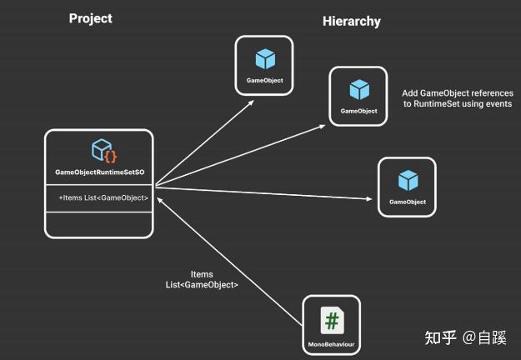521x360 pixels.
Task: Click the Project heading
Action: pyautogui.click(x=90, y=18)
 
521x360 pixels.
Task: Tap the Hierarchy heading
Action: pyautogui.click(x=352, y=21)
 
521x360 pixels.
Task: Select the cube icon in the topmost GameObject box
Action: pyautogui.click(x=264, y=59)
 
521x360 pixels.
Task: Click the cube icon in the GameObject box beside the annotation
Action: pyautogui.click(x=358, y=89)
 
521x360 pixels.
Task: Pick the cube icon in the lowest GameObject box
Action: pyautogui.click(x=408, y=180)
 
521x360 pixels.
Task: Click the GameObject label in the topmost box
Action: pyautogui.click(x=264, y=81)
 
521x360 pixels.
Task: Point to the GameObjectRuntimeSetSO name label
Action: pyautogui.click(x=99, y=172)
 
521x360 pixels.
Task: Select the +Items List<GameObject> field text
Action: pyautogui.click(x=103, y=197)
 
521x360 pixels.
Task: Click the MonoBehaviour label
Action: pyautogui.click(x=331, y=344)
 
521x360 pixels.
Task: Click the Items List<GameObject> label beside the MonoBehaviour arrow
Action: pyautogui.click(x=202, y=280)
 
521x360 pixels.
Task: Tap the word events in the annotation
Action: pyautogui.click(x=498, y=104)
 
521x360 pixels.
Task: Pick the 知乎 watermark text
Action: pyautogui.click(x=440, y=337)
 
